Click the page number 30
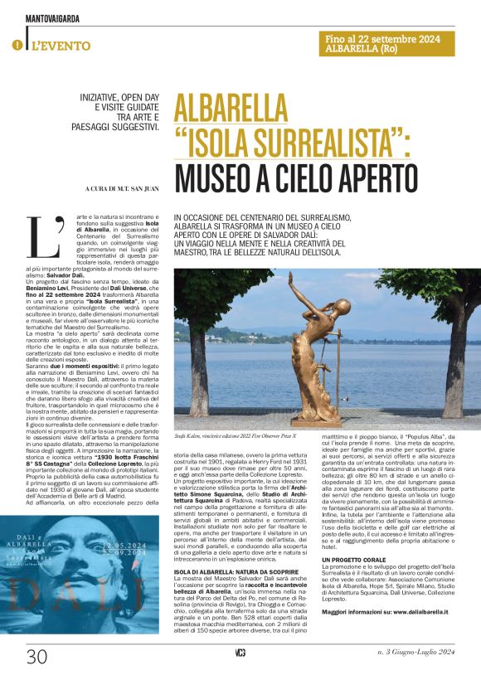pyautogui.click(x=36, y=658)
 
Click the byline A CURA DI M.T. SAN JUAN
pyautogui.click(x=117, y=189)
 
